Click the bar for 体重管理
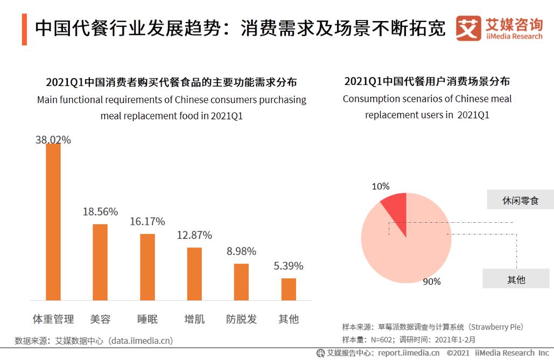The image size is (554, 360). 53,222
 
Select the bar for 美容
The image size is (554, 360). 100,262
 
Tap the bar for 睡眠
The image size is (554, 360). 148,267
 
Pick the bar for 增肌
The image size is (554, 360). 194,274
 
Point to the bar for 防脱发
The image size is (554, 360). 241,282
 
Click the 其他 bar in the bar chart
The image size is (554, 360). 289,289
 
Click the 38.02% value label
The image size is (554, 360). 53,140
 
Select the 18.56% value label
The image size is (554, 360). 100,211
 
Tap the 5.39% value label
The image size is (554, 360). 289,266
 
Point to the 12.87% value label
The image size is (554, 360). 194,235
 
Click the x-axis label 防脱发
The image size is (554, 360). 241,319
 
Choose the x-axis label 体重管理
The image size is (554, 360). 53,319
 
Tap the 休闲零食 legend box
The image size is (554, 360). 520,200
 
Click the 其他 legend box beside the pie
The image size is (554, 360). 516,279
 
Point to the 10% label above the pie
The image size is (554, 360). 381,186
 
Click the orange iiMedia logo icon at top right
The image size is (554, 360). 468,28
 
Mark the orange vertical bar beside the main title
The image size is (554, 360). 24,30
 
